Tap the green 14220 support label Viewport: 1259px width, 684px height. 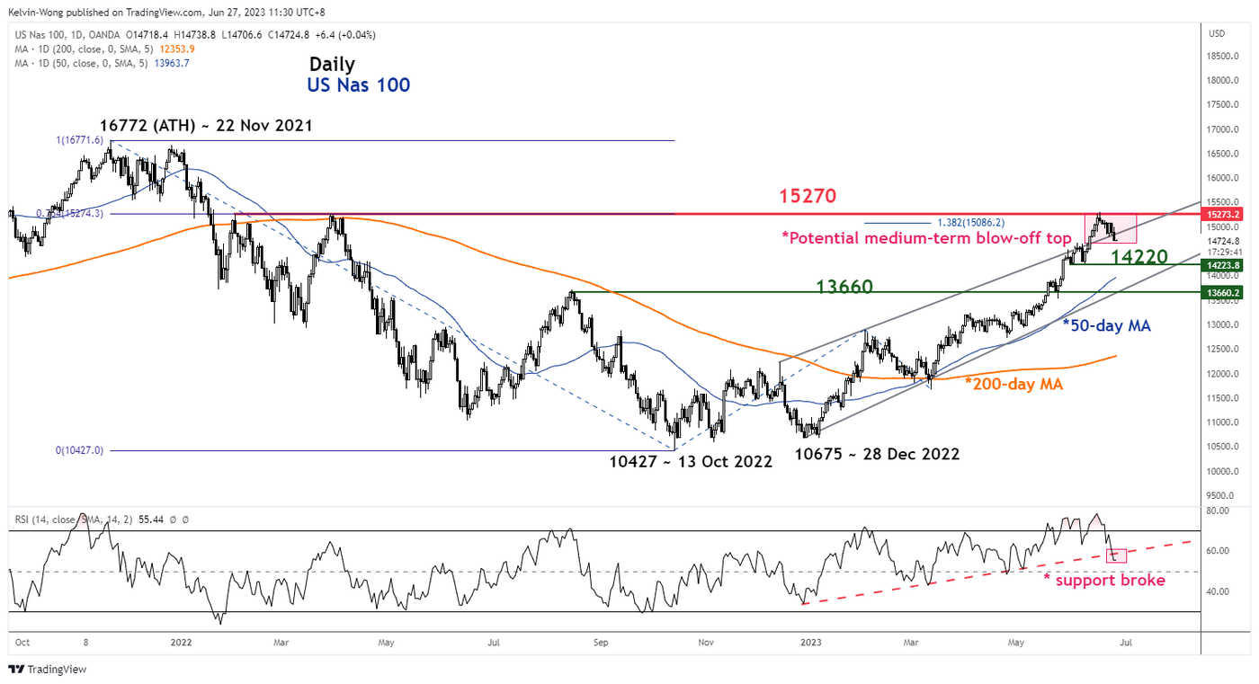coord(1138,257)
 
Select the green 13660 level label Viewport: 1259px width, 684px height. coord(844,286)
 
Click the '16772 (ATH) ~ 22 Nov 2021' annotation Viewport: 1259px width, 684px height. coord(208,126)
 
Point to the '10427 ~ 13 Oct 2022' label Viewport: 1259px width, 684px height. coord(690,461)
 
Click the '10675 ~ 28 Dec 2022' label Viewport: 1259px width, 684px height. coord(877,454)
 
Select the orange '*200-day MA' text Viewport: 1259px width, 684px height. coord(1014,384)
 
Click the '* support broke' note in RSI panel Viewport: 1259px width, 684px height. coord(1103,581)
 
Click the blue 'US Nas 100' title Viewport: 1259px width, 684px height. coord(357,85)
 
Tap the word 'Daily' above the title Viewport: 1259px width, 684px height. coord(332,65)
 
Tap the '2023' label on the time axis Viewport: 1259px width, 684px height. coord(811,643)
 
